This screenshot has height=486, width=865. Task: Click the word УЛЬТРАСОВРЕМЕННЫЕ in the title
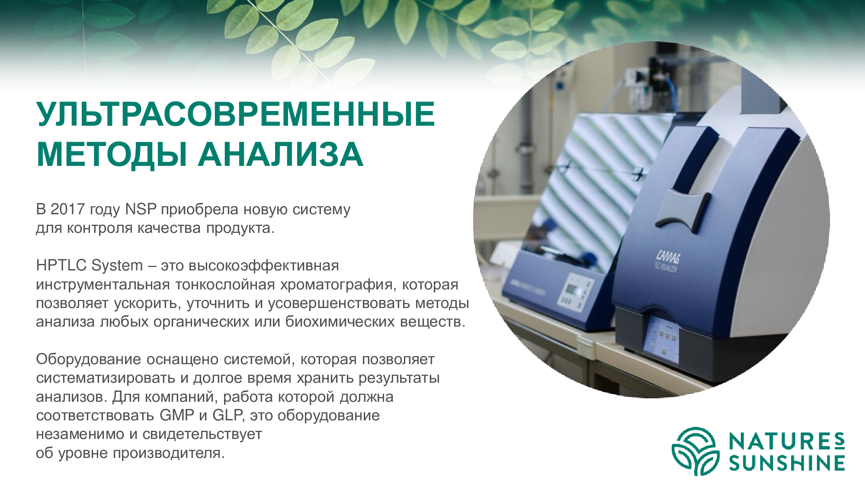point(236,114)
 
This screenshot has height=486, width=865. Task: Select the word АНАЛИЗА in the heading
point(281,154)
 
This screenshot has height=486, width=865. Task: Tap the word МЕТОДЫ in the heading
point(112,155)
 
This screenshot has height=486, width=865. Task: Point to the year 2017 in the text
point(67,209)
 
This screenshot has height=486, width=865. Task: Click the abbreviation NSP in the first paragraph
point(141,209)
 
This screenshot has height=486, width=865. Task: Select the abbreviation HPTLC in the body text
point(61,265)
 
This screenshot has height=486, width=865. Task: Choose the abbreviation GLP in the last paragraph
point(227,415)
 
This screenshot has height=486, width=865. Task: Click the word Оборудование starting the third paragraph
point(89,360)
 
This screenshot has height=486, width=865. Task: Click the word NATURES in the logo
point(787,442)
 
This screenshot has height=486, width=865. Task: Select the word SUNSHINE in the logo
point(787,463)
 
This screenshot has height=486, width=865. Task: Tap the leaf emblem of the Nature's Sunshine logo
point(695,451)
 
